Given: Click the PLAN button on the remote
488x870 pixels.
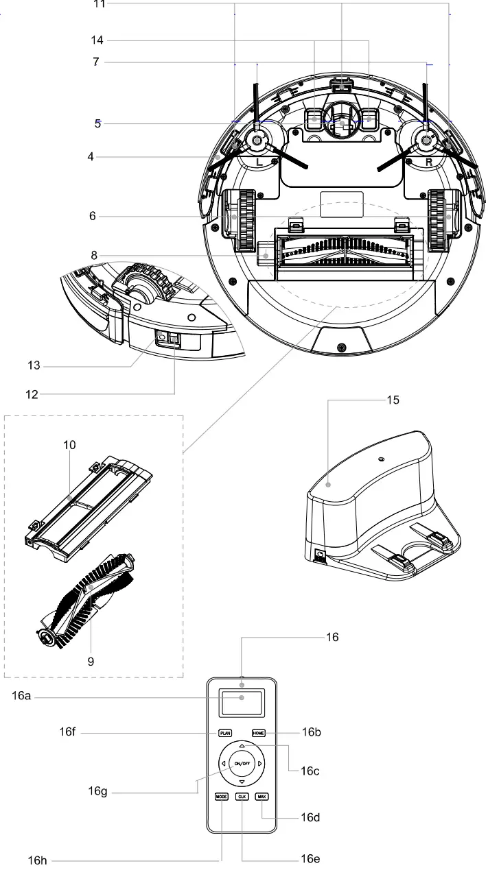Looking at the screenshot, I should click(225, 733).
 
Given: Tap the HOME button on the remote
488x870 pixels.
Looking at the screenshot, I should click(259, 733).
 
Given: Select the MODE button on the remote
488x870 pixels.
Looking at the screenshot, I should click(221, 797).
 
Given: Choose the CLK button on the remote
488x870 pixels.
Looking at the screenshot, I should click(242, 797).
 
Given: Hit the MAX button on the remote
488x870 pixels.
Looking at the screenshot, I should click(262, 797).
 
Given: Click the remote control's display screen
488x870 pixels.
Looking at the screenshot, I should click(242, 701).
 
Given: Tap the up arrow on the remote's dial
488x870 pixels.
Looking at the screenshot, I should click(242, 745).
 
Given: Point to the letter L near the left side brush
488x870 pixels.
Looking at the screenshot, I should click(258, 162).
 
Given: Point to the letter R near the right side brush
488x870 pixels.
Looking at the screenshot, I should click(428, 162).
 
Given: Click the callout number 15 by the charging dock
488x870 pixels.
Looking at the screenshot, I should click(393, 399).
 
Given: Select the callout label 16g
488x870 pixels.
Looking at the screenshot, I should click(97, 792).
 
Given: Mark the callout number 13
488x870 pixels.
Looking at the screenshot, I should click(34, 366).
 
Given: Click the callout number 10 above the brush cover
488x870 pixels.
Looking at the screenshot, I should click(69, 445).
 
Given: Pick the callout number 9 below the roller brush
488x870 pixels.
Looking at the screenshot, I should click(91, 662).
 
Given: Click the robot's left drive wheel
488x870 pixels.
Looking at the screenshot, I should click(240, 219).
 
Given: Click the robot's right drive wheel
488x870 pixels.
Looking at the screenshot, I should click(439, 219).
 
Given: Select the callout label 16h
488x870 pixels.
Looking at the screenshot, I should click(37, 860).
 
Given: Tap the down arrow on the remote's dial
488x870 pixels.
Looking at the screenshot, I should click(242, 782).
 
